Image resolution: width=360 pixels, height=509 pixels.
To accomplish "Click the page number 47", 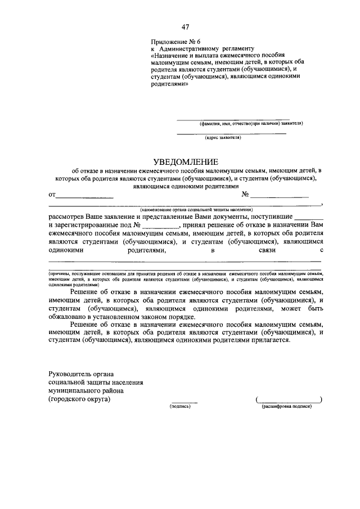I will click(185, 28).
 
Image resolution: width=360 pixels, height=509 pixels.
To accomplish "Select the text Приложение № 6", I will click(175, 42).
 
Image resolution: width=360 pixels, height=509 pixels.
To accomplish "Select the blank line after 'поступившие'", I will click(309, 219).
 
